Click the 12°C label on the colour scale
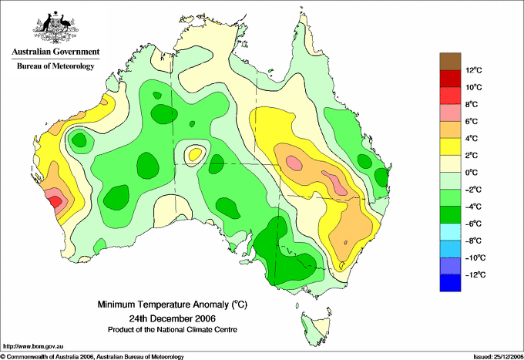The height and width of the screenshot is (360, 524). (474, 70)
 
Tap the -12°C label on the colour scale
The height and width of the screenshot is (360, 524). (475, 274)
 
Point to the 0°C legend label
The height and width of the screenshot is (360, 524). (472, 173)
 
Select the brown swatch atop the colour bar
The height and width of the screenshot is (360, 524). (450, 61)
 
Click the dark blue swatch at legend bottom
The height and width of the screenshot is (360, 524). (450, 283)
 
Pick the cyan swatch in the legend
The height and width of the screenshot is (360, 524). (450, 231)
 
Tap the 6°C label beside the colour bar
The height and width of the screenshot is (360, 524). (472, 121)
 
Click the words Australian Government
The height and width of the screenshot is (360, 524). (55, 52)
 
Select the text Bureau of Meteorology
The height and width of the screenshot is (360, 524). (55, 66)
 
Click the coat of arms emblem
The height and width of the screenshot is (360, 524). (55, 27)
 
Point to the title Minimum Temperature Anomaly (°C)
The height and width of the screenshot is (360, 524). (173, 304)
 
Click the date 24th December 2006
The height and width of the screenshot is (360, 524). (173, 318)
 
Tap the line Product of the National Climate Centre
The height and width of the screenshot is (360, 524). (173, 330)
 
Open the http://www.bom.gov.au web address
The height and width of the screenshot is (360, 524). (32, 347)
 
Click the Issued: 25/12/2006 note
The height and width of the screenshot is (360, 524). (499, 357)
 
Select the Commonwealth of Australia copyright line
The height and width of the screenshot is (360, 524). (92, 357)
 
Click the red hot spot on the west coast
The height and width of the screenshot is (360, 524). (55, 202)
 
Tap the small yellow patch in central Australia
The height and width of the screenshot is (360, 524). (195, 154)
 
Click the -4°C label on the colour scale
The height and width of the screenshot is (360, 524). (474, 207)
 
